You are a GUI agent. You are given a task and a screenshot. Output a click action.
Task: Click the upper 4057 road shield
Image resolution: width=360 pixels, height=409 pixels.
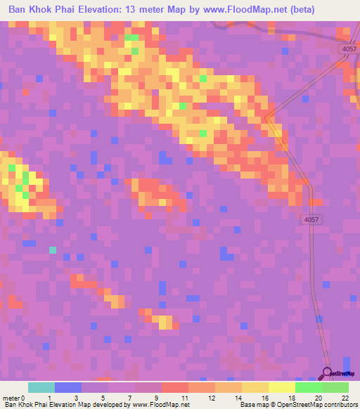[347, 48]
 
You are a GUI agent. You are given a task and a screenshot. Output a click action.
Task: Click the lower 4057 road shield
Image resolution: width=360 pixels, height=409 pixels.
[311, 220]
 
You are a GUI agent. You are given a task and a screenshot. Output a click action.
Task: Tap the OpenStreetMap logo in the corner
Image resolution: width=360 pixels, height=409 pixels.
[339, 372]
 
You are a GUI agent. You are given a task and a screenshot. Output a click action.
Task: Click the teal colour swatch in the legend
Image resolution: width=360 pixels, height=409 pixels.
[41, 387]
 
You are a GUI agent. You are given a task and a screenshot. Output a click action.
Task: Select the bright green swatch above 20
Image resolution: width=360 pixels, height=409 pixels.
[309, 387]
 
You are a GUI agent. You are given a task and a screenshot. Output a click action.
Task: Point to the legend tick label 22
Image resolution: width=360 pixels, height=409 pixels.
[345, 398]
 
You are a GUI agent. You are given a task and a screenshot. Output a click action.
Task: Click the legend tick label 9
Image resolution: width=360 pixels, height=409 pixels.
[155, 398]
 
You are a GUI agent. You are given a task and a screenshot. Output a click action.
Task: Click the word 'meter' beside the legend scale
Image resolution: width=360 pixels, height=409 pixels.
[11, 398]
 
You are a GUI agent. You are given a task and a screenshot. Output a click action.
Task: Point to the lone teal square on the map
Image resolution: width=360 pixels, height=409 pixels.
[53, 249]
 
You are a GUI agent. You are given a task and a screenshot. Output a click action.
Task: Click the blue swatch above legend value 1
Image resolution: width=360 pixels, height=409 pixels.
[68, 387]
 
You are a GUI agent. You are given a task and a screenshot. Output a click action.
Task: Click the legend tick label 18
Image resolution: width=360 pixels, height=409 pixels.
[290, 398]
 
